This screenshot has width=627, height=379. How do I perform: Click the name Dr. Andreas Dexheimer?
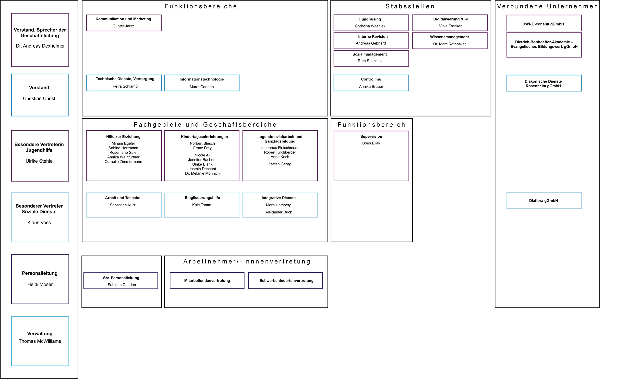click(x=40, y=46)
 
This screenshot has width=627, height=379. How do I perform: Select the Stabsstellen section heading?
click(x=410, y=6)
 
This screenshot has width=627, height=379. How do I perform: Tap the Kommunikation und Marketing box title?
click(x=123, y=19)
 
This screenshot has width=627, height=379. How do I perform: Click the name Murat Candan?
click(x=202, y=87)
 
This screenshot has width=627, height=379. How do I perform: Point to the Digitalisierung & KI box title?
click(x=450, y=19)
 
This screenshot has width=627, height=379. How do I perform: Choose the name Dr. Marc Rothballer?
click(x=449, y=44)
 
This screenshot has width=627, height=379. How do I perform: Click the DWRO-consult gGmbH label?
click(x=543, y=24)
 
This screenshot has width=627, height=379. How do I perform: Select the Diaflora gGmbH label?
click(x=543, y=201)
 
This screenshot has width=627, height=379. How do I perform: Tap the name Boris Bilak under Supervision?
click(x=371, y=143)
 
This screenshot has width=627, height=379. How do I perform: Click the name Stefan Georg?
click(x=280, y=164)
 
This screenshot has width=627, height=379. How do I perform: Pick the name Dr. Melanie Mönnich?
click(x=202, y=174)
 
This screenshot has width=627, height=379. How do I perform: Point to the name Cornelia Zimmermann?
click(x=123, y=162)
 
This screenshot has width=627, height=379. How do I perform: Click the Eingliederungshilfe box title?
click(x=202, y=198)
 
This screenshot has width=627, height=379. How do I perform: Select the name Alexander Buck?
click(x=278, y=212)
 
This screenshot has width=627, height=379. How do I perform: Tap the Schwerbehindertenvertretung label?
click(x=286, y=281)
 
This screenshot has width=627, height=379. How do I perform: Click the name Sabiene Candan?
click(x=122, y=285)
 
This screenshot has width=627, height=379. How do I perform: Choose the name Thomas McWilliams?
click(x=40, y=341)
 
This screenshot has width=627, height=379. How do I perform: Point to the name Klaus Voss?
click(x=39, y=223)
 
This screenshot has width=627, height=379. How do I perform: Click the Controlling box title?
click(x=371, y=79)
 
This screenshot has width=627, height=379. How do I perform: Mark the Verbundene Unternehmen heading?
click(x=547, y=6)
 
